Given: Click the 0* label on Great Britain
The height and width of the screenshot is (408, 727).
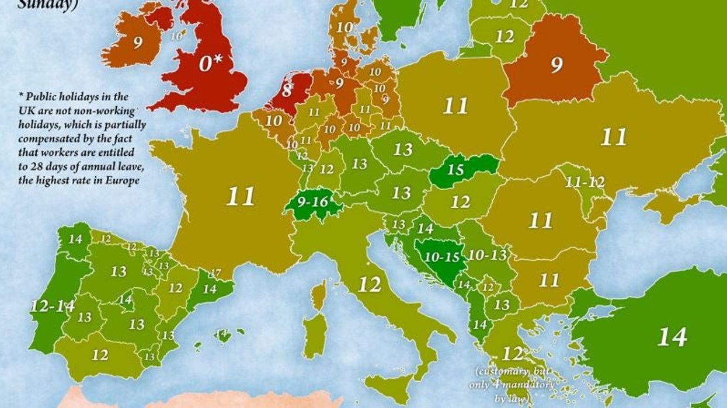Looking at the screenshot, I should pos(214,63).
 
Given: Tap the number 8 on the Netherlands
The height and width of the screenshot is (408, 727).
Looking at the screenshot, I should pos(287,90).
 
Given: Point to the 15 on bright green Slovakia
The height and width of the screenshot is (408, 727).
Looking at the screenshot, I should pos(456,170).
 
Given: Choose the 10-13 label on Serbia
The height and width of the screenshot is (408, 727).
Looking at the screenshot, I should pos(488,255).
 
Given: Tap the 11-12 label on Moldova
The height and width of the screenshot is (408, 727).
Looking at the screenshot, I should pos(585,182).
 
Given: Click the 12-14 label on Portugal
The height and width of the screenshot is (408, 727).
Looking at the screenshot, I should pos(53,306).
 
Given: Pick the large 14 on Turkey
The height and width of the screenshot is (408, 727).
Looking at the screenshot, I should pos(672,337).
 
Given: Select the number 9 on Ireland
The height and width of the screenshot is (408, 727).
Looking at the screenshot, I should pos(138,43).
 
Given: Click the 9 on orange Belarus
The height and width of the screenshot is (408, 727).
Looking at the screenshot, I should pos(556,64).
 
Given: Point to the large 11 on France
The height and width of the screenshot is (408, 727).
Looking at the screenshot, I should pos(241,197).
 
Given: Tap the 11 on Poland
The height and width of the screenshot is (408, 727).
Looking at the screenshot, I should pos(455,106).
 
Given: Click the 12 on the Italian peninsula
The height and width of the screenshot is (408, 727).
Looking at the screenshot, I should pos(369,285).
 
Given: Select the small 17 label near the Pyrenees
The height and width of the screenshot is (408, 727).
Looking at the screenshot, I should pos(215,273).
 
